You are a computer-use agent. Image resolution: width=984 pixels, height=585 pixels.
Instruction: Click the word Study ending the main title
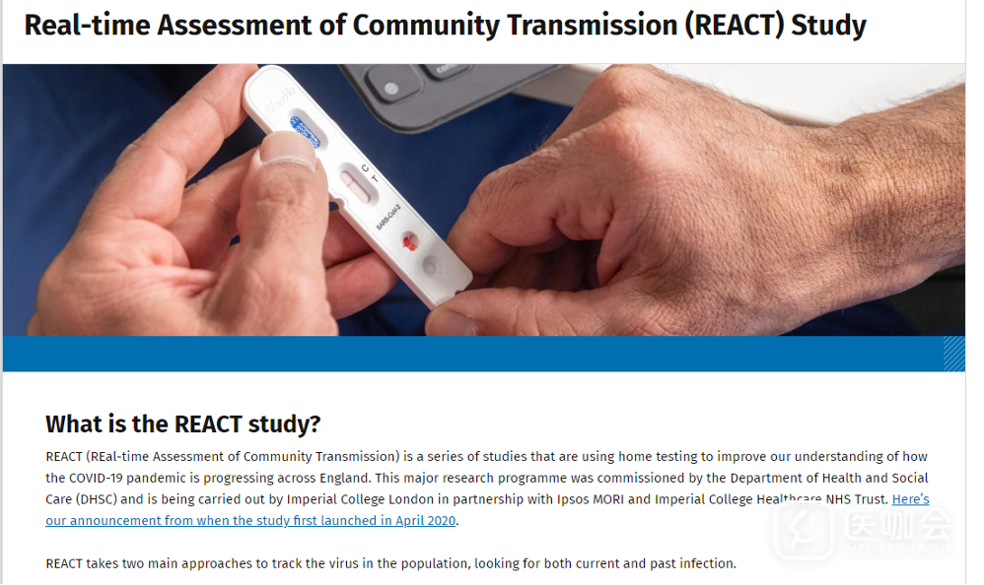[x=828, y=26]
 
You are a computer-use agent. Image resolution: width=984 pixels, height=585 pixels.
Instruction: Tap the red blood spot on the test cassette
[x=409, y=240]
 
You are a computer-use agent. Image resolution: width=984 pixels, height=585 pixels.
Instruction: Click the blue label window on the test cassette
[x=305, y=132]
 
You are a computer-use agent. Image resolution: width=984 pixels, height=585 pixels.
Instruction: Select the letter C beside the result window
[x=365, y=167]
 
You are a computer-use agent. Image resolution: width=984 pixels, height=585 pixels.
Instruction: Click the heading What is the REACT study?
[x=182, y=423]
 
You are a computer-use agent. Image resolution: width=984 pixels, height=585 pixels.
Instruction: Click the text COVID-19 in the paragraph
[x=96, y=478]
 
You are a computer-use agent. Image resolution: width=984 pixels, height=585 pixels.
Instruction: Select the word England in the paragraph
[x=344, y=479]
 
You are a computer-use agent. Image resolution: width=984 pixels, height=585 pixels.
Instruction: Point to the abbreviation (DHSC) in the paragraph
[x=97, y=499]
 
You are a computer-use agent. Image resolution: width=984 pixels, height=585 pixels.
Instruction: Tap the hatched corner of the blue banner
[x=953, y=354]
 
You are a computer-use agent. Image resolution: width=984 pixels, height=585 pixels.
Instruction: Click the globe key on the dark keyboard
[x=390, y=89]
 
